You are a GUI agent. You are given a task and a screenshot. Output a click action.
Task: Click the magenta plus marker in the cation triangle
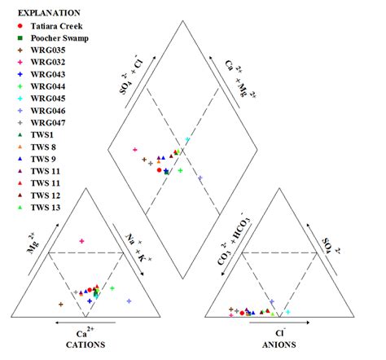click(81, 242)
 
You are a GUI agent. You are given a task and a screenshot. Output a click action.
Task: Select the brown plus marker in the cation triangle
click(61, 305)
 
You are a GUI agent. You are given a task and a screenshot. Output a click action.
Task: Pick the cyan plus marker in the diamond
click(187, 140)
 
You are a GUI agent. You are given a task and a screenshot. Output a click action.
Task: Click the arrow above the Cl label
click(279, 323)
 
